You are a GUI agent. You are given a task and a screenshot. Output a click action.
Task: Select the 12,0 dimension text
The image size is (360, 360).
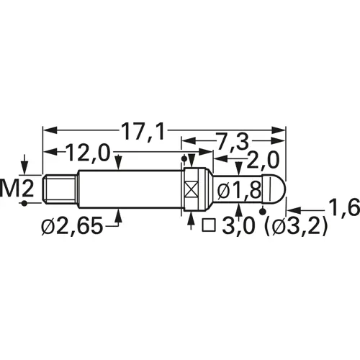88,153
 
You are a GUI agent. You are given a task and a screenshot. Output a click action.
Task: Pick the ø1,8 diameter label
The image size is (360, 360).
233,192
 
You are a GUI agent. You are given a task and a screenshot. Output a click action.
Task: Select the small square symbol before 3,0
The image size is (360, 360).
210,226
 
